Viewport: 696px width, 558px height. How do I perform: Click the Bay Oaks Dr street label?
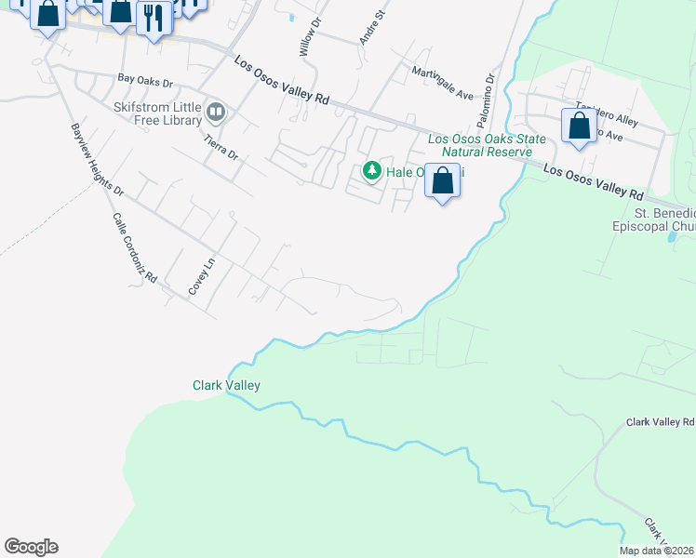(x=146, y=81)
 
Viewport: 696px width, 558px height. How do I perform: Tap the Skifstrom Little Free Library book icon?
(x=216, y=113)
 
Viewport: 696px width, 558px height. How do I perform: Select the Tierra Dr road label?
(x=221, y=144)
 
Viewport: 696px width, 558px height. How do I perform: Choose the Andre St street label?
(x=371, y=28)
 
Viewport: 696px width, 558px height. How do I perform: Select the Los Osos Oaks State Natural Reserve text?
(x=479, y=145)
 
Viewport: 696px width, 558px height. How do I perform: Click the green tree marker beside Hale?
(x=372, y=171)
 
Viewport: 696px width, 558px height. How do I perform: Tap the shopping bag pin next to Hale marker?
(x=443, y=180)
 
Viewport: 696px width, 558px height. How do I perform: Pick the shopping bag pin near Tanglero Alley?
(x=578, y=126)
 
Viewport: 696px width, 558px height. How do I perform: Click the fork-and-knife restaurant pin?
(x=154, y=18)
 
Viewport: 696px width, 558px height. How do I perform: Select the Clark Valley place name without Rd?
(x=226, y=385)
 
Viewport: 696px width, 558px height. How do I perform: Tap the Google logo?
(x=31, y=547)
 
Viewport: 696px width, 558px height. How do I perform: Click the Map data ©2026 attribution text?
(x=656, y=551)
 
